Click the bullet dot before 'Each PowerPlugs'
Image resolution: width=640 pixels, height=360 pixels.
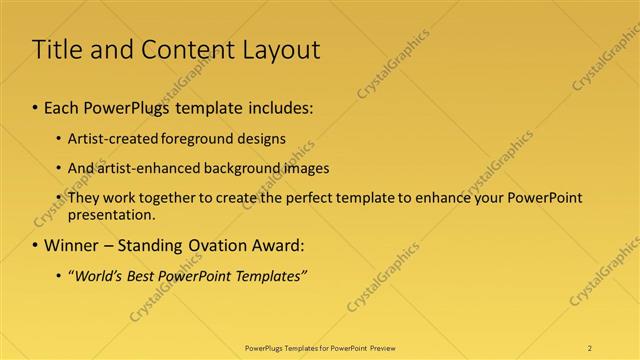(36, 105)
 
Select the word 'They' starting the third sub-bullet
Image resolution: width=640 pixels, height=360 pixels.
(83, 198)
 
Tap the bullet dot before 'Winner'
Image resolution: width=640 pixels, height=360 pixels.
(36, 245)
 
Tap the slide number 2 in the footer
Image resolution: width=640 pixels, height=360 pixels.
(590, 348)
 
